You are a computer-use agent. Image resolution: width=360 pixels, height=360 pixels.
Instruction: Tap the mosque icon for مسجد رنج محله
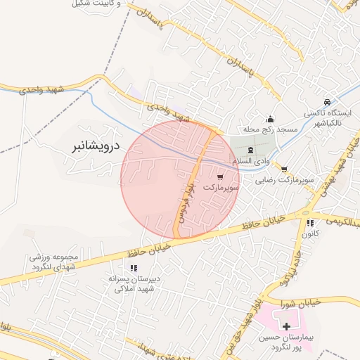[270, 119]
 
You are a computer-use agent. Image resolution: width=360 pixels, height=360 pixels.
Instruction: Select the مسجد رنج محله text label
[271, 130]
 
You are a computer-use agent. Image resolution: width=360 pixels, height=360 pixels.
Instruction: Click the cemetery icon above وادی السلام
[251, 150]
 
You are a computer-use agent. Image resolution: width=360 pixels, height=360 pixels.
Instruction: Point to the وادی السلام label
[252, 162]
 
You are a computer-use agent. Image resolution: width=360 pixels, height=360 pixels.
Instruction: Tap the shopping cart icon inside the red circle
[221, 177]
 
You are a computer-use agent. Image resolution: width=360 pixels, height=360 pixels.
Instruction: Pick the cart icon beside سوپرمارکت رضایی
[283, 169]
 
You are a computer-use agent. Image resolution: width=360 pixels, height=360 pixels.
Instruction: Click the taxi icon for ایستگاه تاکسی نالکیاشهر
[327, 102]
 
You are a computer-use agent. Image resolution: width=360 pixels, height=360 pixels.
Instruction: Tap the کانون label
[310, 233]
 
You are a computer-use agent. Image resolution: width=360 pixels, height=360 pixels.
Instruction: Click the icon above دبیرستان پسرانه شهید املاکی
[133, 268]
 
